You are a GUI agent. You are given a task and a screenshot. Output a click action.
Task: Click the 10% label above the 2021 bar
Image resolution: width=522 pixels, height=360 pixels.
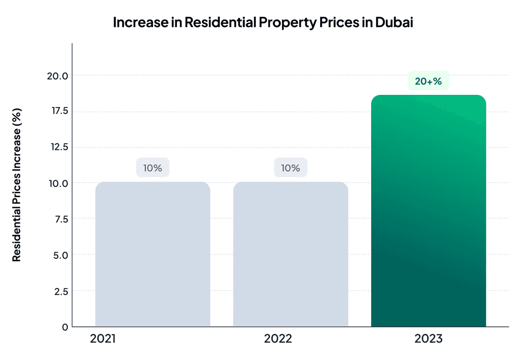[x=152, y=168]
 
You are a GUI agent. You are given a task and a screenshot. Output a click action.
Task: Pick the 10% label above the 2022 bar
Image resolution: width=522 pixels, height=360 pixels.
[x=291, y=168]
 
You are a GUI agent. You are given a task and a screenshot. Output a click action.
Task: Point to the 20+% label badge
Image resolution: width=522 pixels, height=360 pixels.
[x=428, y=81]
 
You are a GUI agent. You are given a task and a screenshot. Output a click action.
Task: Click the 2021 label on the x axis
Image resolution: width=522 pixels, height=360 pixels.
[x=102, y=339]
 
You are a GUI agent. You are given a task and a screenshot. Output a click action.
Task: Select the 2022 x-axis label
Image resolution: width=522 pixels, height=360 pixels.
[x=278, y=339]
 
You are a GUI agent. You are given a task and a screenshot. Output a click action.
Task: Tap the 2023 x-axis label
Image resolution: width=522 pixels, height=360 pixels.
[x=429, y=339]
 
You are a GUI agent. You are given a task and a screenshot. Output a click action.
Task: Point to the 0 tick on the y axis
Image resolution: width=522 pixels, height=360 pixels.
[x=65, y=327]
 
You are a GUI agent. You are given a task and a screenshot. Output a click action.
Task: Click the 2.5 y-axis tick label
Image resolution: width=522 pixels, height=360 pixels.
[x=61, y=291]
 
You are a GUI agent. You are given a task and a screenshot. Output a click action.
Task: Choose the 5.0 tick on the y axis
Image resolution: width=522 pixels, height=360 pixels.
[x=61, y=255]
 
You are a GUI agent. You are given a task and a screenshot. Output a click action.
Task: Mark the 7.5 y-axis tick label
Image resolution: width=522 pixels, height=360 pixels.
[x=61, y=219]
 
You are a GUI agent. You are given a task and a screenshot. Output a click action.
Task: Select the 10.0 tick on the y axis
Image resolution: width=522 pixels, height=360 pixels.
[x=58, y=183]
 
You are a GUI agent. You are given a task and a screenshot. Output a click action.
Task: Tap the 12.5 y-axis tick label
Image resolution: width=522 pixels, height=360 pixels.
[x=58, y=147]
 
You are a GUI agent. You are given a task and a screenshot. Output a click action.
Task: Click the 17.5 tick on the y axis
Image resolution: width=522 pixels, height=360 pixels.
[x=58, y=111]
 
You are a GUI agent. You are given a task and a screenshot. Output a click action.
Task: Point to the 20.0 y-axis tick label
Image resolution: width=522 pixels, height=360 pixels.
[x=58, y=76]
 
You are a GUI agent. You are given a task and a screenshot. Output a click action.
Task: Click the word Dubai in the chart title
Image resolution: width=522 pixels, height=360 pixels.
[x=394, y=22]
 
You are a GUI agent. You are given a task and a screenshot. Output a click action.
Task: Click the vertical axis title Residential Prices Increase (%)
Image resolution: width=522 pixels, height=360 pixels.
[x=17, y=184]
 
